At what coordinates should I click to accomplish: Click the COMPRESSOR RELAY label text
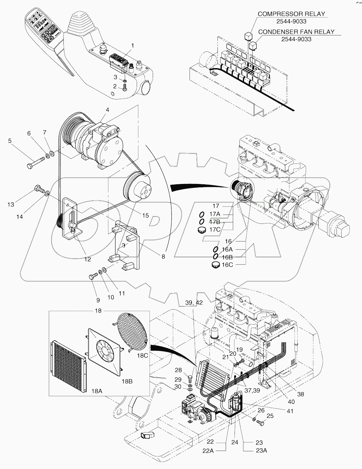click(x=291, y=14)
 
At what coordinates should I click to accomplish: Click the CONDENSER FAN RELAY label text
click(x=296, y=32)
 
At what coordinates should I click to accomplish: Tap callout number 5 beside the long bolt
click(x=10, y=140)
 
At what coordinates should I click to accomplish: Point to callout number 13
click(x=11, y=204)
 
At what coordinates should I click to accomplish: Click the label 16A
click(x=227, y=249)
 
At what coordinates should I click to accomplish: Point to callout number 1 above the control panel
click(x=133, y=45)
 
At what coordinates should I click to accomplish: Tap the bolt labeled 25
click(x=261, y=423)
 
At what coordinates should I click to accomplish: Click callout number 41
click(x=290, y=411)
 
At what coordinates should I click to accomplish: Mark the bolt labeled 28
click(x=190, y=377)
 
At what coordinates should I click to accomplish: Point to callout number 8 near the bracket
click(x=163, y=257)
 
